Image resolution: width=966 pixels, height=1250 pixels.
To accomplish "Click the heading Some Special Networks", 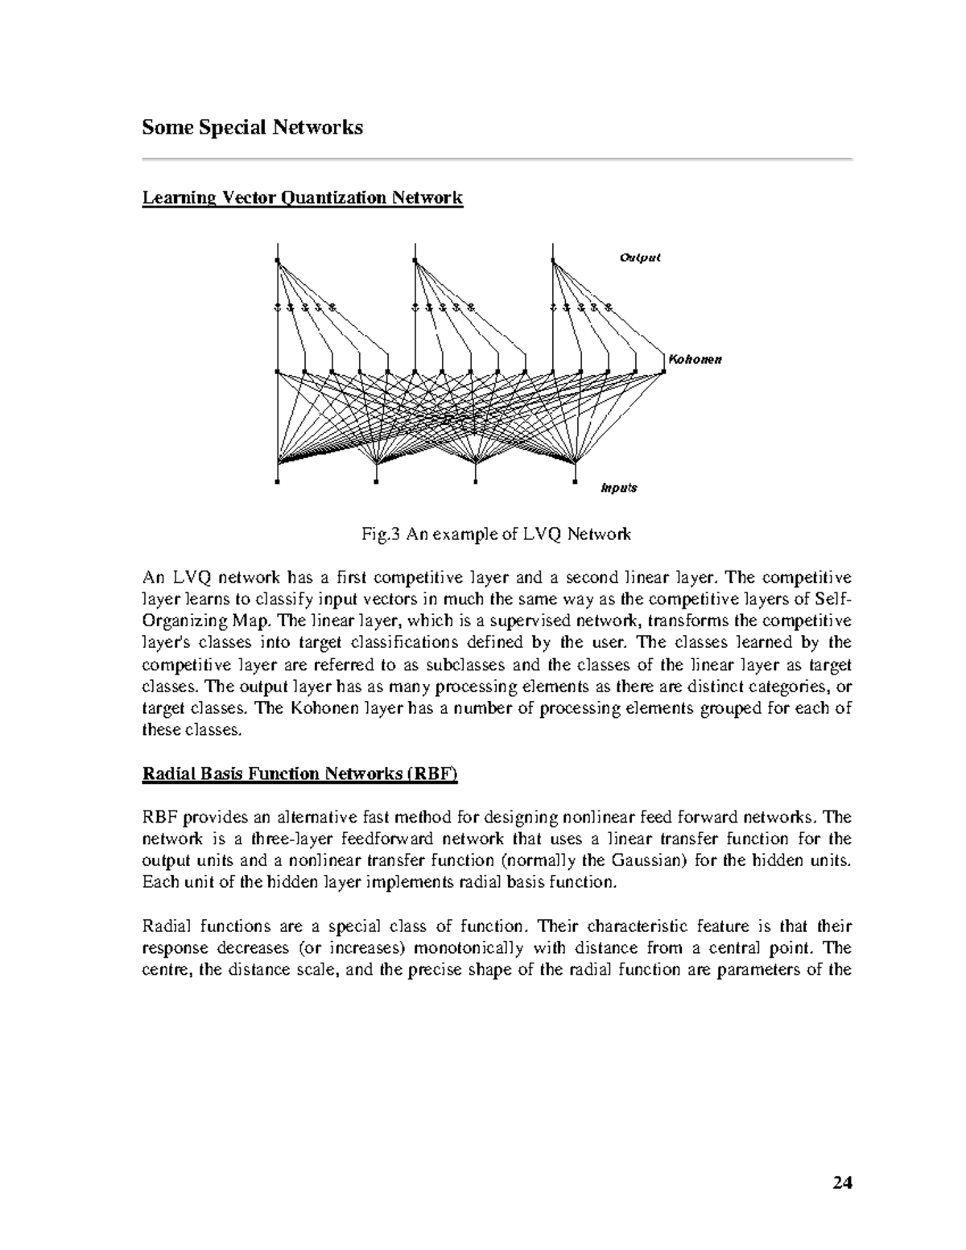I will [252, 127].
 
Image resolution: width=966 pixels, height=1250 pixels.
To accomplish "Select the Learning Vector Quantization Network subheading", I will [302, 198].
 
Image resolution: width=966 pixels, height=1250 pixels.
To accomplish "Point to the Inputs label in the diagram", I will [619, 488].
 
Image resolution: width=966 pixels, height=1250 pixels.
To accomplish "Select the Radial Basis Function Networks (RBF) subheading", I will [299, 774].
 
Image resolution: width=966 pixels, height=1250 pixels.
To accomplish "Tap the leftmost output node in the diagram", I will [277, 261].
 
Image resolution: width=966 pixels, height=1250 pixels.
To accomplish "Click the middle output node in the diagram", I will [415, 261].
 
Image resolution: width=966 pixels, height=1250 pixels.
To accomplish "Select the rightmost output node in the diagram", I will [554, 261].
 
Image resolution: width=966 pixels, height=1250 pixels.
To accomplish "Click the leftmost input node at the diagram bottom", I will [277, 484].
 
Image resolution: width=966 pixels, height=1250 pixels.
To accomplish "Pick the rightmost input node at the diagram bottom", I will [576, 484].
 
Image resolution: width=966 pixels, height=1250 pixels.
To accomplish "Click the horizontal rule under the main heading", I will [497, 159].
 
